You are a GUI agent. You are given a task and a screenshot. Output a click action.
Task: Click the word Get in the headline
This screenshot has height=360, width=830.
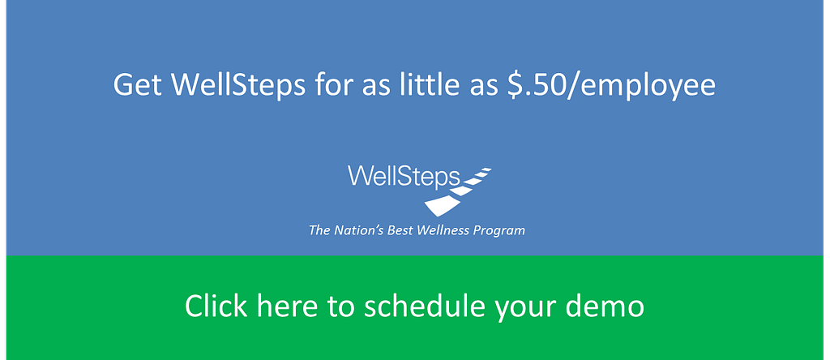click(136, 84)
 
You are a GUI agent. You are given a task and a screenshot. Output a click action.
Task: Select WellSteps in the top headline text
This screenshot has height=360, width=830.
click(237, 84)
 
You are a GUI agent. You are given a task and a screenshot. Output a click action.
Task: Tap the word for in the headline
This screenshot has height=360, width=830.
click(332, 84)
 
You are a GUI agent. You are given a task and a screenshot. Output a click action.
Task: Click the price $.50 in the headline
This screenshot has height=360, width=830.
click(533, 84)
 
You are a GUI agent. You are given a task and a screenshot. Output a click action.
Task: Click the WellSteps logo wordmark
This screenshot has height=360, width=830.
click(404, 176)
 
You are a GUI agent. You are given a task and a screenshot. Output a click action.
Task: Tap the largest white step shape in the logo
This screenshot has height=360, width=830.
click(442, 206)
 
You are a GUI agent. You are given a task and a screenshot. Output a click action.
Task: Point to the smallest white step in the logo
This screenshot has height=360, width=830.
click(485, 170)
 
